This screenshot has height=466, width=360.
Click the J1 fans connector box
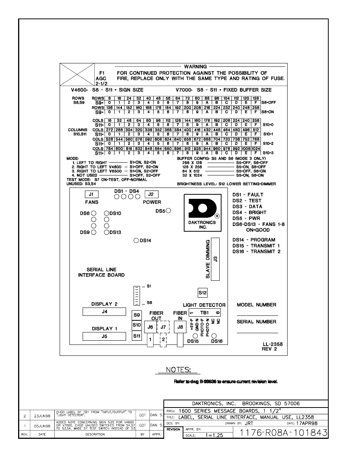click(91, 194)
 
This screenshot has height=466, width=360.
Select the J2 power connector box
click(151, 194)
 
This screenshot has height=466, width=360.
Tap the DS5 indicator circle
click(168, 211)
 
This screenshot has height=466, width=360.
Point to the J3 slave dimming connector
click(215, 259)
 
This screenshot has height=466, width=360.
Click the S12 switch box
click(203, 292)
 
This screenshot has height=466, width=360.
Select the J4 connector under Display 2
click(104, 312)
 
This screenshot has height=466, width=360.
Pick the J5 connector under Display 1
click(104, 336)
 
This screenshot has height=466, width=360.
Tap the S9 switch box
click(137, 315)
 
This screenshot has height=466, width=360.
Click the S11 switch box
click(137, 335)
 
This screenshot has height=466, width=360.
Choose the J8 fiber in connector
click(180, 327)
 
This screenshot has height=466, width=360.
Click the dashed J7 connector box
click(163, 327)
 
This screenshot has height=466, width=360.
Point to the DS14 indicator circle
click(136, 240)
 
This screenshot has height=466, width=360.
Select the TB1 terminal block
click(204, 312)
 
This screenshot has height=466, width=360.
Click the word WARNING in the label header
click(195, 67)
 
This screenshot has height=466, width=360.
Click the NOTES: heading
click(178, 370)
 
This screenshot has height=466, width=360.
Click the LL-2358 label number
click(272, 344)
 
